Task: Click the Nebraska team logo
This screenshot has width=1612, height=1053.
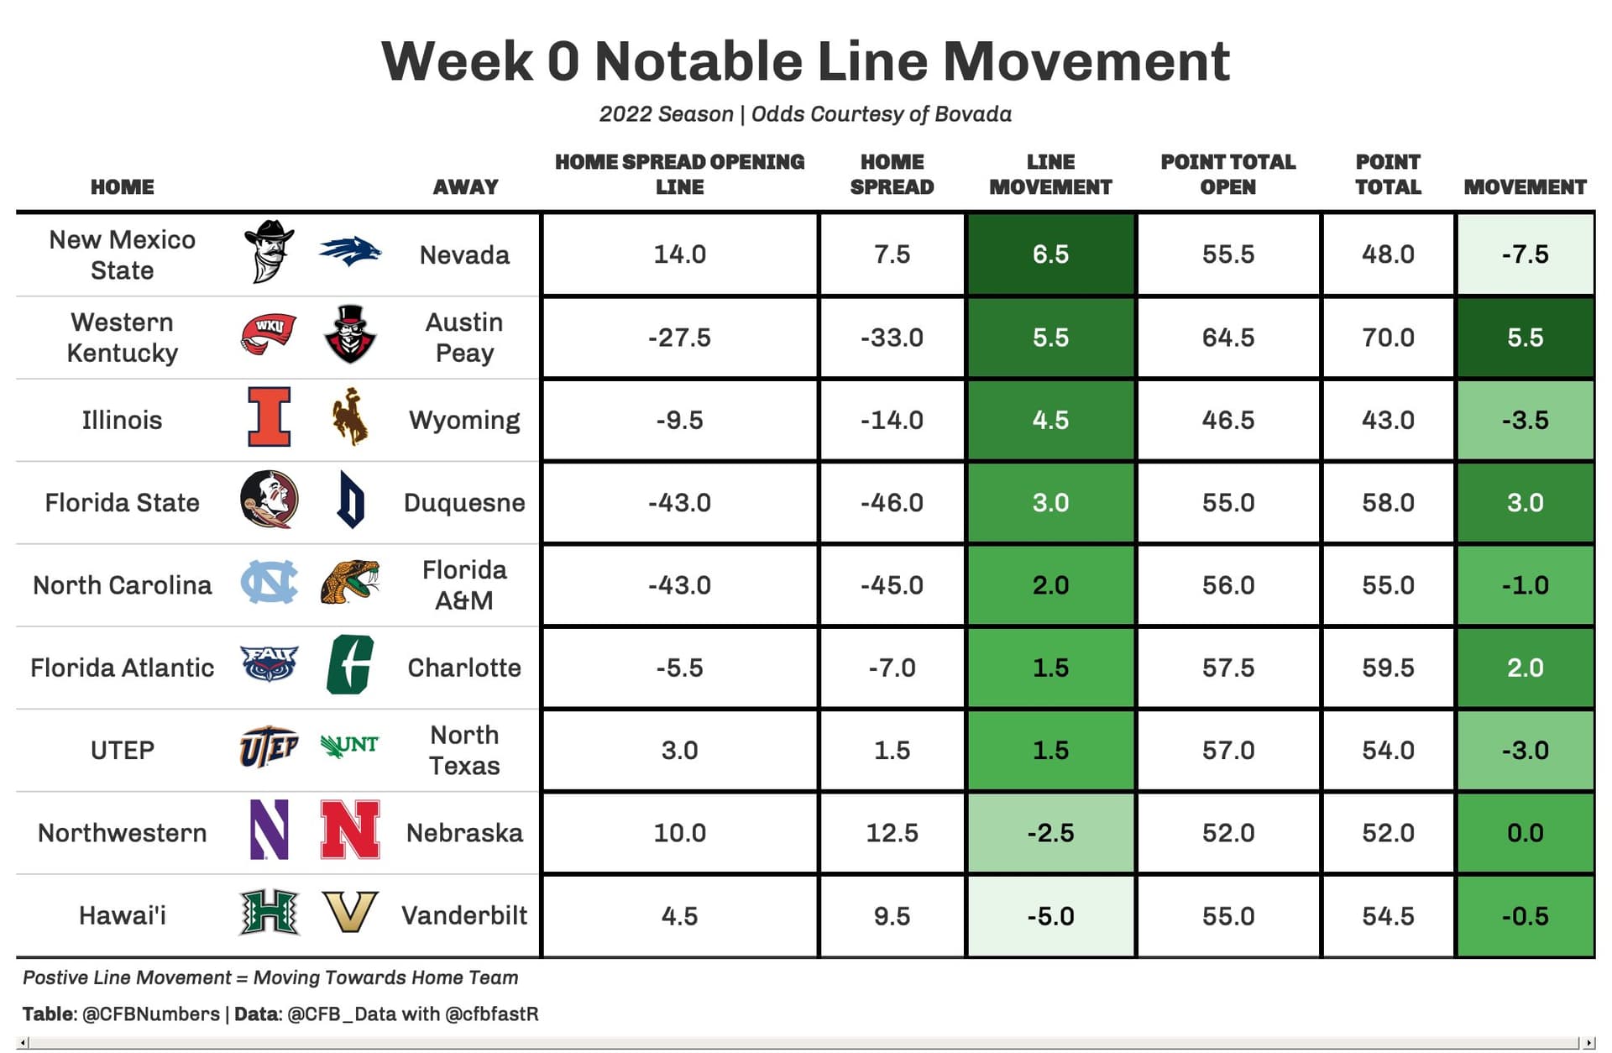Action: pos(350,830)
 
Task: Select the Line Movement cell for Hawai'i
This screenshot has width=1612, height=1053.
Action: pos(1050,915)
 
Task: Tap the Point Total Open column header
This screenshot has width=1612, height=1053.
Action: pos(1227,174)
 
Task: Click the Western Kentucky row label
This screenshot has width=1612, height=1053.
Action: pos(123,337)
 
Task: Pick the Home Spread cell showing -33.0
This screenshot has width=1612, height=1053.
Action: pos(892,337)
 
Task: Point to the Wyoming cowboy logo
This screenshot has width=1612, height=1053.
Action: pos(350,416)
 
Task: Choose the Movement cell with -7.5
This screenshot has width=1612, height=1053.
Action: pos(1525,254)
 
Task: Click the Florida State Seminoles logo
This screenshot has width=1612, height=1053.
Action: pos(269,500)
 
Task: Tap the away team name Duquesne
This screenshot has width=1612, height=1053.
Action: pos(464,502)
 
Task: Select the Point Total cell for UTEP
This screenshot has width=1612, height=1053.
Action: pos(1388,750)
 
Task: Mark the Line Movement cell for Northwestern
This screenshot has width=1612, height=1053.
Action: pos(1050,832)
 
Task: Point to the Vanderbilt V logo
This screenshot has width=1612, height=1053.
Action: pos(350,913)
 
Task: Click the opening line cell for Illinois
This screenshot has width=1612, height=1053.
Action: pos(679,419)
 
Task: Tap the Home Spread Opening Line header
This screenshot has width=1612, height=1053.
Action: pos(679,174)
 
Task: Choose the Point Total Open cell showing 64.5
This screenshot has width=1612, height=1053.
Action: pos(1227,337)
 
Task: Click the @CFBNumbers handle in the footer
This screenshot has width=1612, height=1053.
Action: pos(151,1014)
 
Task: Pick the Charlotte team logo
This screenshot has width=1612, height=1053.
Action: pos(349,665)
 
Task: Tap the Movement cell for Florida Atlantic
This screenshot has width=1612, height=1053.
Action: pos(1525,668)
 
